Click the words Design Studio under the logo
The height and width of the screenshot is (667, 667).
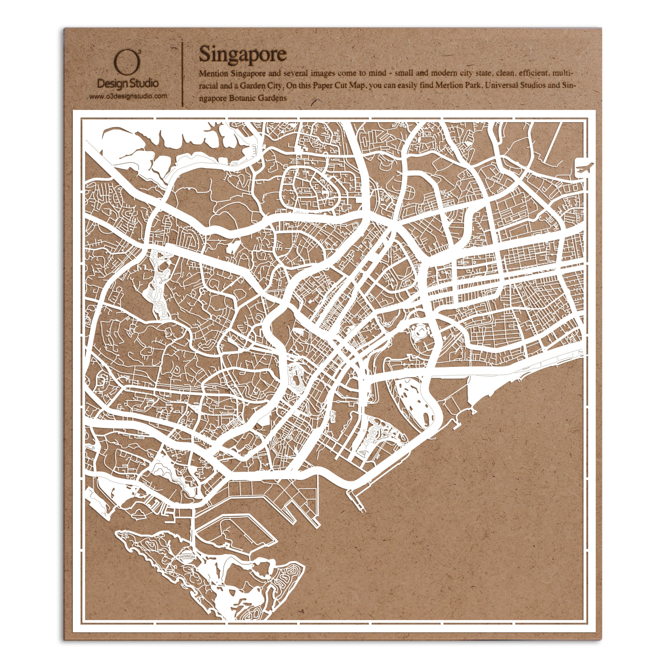pyautogui.click(x=128, y=83)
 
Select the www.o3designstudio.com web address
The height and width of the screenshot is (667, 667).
pyautogui.click(x=128, y=97)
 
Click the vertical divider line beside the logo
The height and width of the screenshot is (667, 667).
pyautogui.click(x=182, y=74)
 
